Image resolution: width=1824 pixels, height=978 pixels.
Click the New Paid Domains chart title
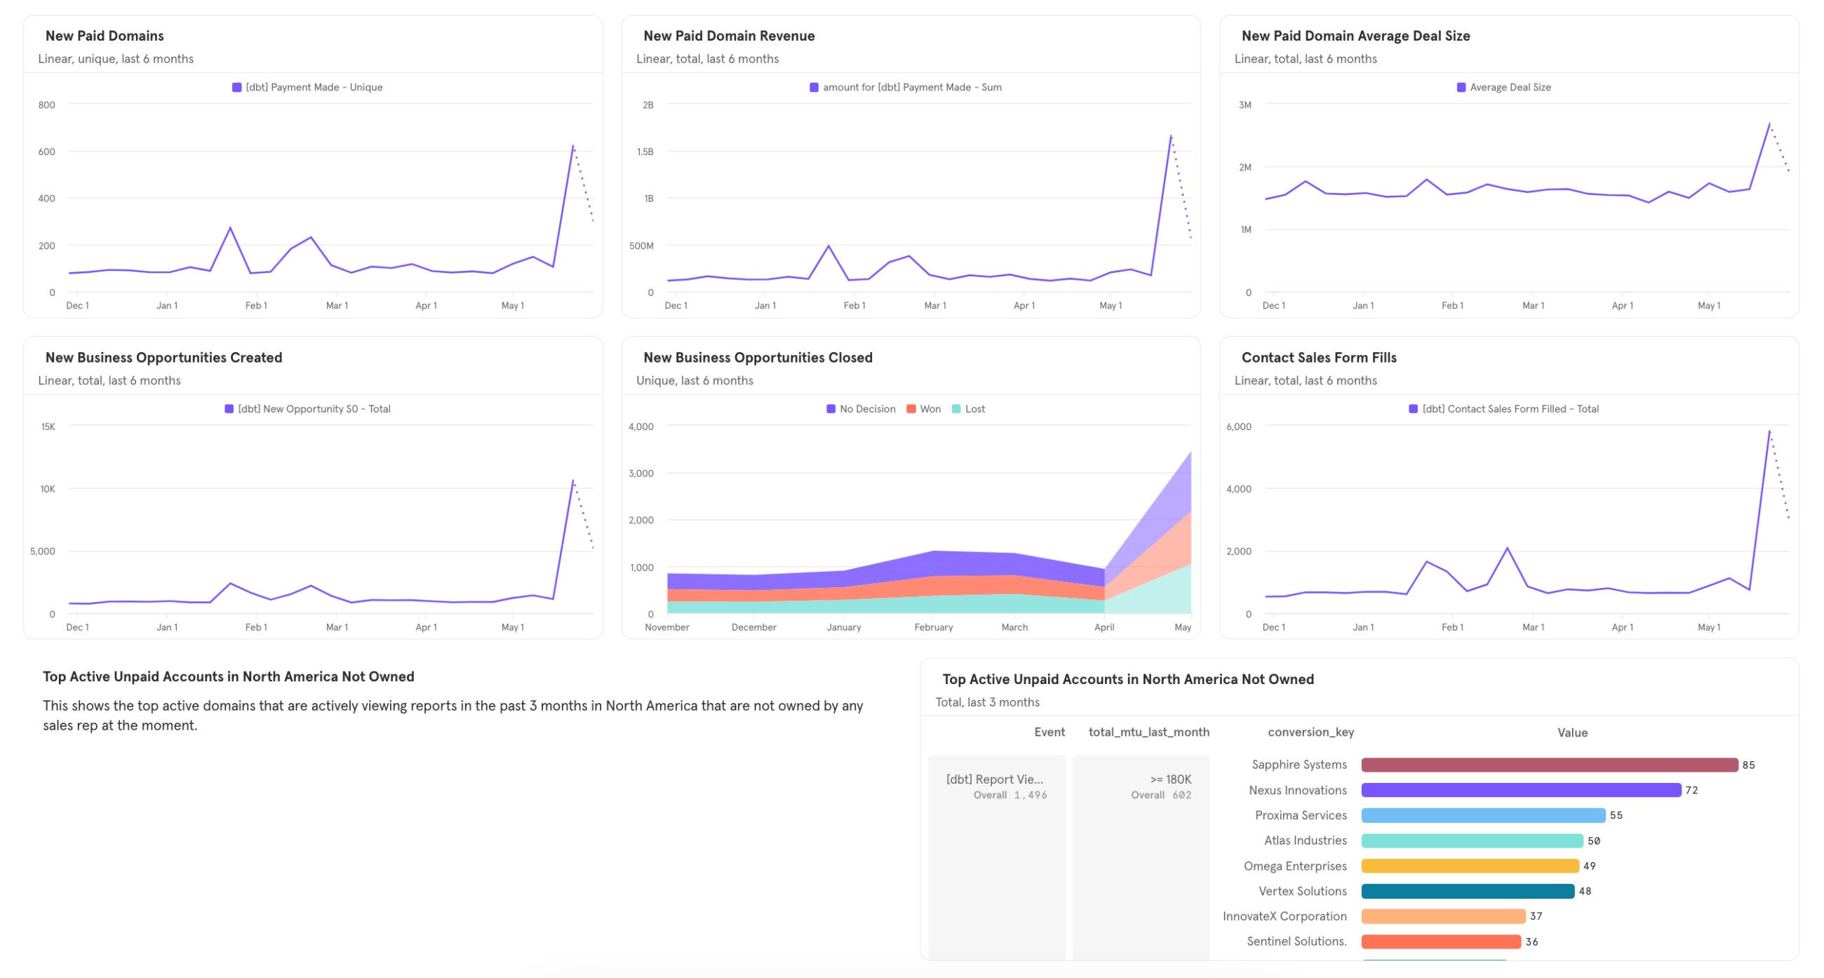coord(104,35)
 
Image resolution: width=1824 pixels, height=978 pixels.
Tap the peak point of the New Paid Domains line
coord(573,146)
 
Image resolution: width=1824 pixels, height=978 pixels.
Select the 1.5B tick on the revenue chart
coord(644,152)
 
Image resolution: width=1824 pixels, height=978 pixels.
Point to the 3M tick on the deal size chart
coord(1245,105)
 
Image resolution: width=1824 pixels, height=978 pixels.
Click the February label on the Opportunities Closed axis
coord(933,627)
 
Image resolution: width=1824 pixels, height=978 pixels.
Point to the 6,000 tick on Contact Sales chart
coord(1238,427)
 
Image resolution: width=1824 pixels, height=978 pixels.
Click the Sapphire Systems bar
coord(1548,765)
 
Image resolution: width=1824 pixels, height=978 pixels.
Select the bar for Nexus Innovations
coord(1520,789)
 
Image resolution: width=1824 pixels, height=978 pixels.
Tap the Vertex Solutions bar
coord(1467,891)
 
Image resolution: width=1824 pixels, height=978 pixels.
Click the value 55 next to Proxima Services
coord(1616,815)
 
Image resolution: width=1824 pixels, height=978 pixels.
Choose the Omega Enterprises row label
coord(1294,866)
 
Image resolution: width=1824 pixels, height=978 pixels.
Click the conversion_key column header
coord(1310,732)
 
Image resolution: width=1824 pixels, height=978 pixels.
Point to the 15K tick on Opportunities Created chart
coord(48,427)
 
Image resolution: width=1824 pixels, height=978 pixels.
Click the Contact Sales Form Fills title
coord(1318,358)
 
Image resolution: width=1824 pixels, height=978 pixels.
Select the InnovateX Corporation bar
coord(1442,916)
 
